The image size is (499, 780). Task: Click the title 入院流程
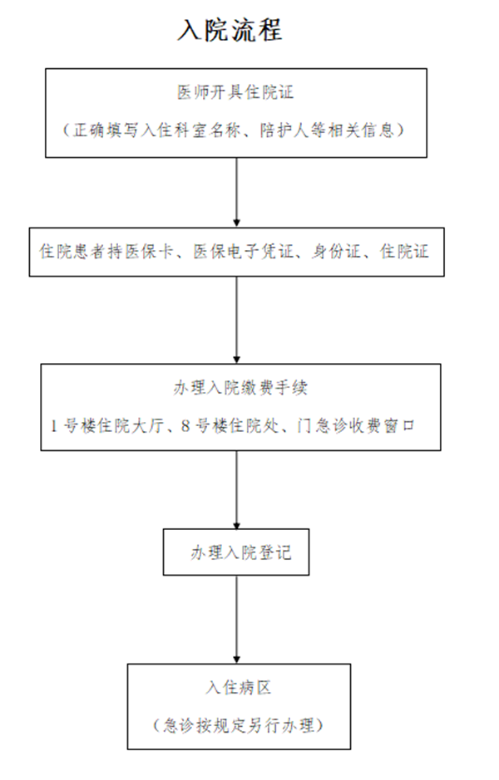pyautogui.click(x=230, y=30)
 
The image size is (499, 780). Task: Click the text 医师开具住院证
pyautogui.click(x=235, y=92)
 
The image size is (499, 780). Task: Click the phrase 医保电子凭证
pyautogui.click(x=244, y=251)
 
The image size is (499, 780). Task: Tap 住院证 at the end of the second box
pyautogui.click(x=404, y=251)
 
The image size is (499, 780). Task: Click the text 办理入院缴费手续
pyautogui.click(x=240, y=388)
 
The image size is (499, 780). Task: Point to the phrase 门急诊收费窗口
pyautogui.click(x=356, y=426)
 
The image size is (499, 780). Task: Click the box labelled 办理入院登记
pyautogui.click(x=236, y=552)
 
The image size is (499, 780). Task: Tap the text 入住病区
pyautogui.click(x=239, y=688)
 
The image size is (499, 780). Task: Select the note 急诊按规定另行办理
pyautogui.click(x=239, y=725)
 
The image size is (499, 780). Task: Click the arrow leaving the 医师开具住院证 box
pyautogui.click(x=236, y=193)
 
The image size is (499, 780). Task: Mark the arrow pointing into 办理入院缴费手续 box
pyautogui.click(x=236, y=320)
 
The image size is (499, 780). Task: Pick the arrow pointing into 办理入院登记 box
pyautogui.click(x=236, y=490)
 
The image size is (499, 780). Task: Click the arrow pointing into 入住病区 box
pyautogui.click(x=236, y=620)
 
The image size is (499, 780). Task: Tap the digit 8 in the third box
pyautogui.click(x=185, y=426)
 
